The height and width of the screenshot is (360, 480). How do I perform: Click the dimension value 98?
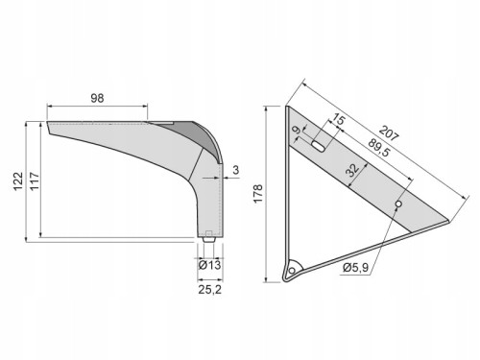coord(97,98)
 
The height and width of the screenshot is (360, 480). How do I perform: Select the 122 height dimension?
coord(18,181)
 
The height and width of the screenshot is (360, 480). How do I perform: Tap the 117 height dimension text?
coord(35,181)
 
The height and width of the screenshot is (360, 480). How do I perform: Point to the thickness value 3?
coord(236,170)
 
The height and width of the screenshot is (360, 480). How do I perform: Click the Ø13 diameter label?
coord(209,265)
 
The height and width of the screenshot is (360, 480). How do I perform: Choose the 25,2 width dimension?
coord(209,290)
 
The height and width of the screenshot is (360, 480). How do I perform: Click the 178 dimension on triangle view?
coord(258,193)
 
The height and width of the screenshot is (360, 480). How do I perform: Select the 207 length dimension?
coord(389,133)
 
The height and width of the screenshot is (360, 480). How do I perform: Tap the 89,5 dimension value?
coord(379,148)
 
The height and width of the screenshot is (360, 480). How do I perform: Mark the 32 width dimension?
coord(353,170)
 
